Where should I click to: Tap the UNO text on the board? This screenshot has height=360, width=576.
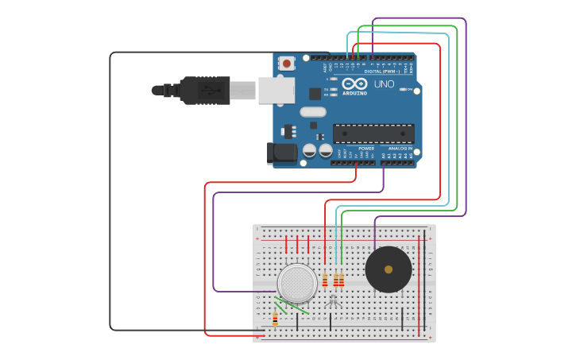(384, 83)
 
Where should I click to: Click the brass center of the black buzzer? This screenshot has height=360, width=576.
(388, 269)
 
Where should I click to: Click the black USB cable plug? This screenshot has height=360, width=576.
(204, 89)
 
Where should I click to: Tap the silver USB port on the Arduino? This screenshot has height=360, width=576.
(276, 91)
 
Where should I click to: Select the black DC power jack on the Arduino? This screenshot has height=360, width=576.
(283, 153)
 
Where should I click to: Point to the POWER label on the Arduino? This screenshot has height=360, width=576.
(366, 149)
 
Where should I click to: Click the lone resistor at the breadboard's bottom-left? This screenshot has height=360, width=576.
(276, 319)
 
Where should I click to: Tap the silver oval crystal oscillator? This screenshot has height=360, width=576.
(313, 112)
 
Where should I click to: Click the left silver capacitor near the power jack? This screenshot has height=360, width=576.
(310, 149)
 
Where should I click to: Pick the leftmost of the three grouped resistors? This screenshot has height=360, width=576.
(325, 280)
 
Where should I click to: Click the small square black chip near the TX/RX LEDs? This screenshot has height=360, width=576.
(315, 93)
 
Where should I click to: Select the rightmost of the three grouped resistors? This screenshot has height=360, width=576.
(342, 280)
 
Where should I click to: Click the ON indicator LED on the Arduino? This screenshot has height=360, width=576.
(400, 100)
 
